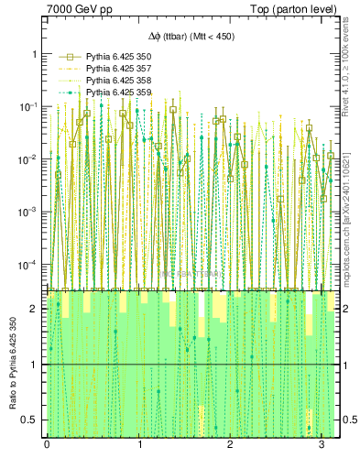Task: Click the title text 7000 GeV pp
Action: click(x=74, y=10)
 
